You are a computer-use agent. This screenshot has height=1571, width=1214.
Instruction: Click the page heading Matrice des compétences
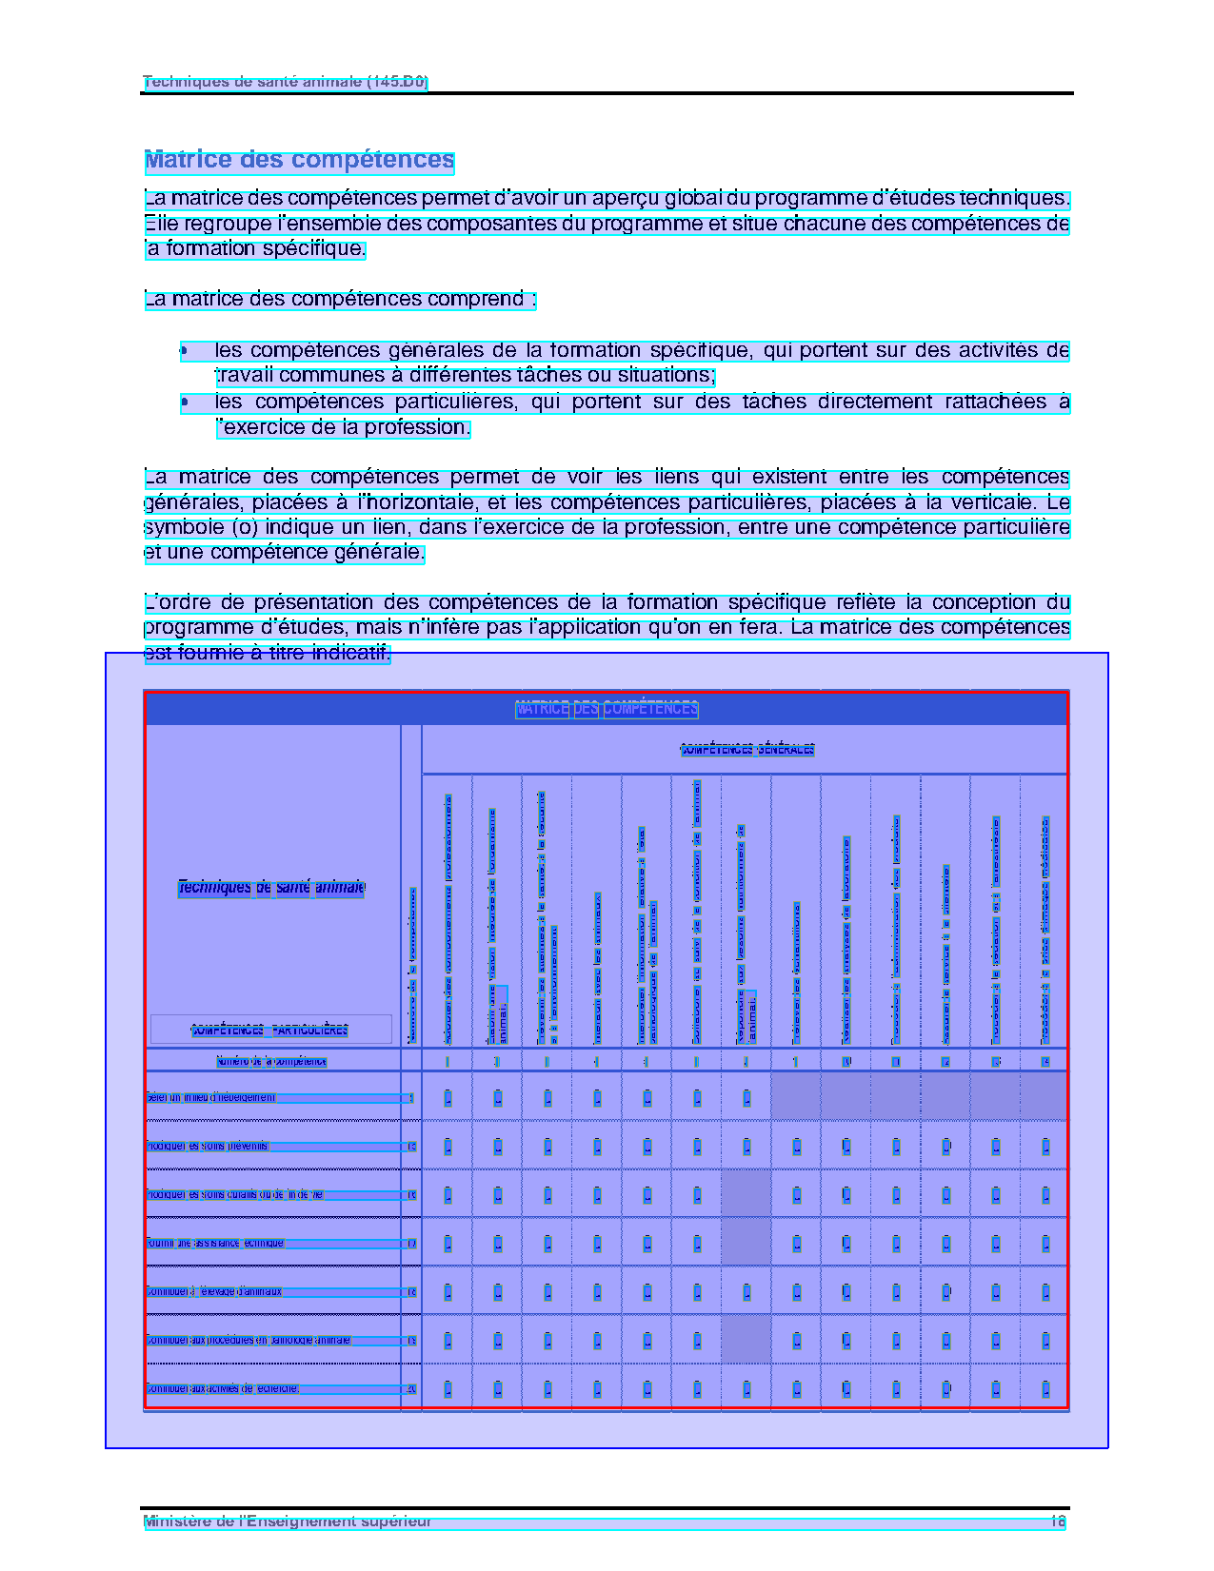299,161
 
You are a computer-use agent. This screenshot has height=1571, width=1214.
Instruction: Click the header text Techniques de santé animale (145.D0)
285,82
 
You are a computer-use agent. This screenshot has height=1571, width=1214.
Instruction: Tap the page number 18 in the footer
1057,1522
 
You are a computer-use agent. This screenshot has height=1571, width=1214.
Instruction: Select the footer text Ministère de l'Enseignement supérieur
287,1522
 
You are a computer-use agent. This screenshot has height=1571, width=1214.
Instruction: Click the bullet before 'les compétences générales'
184,351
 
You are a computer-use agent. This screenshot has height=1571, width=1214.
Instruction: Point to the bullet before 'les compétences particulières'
184,403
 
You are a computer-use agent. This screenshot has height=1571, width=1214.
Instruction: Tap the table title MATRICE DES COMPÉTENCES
607,709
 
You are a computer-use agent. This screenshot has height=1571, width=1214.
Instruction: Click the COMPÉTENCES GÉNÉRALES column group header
746,750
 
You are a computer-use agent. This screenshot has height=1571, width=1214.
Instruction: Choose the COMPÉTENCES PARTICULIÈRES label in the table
269,1031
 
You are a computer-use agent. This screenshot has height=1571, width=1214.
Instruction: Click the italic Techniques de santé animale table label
271,888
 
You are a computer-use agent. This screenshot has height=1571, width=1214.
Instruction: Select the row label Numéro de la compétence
271,1062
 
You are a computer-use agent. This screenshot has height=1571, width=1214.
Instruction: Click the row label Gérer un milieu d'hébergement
211,1098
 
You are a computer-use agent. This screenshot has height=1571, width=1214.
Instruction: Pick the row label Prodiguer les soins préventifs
208,1147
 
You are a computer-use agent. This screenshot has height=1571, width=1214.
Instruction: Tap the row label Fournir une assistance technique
215,1244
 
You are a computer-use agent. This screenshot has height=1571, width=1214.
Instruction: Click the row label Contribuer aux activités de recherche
223,1389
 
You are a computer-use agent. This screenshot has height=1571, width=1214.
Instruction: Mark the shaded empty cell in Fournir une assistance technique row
746,1244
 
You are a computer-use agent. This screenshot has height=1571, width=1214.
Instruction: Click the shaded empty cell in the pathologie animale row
746,1341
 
